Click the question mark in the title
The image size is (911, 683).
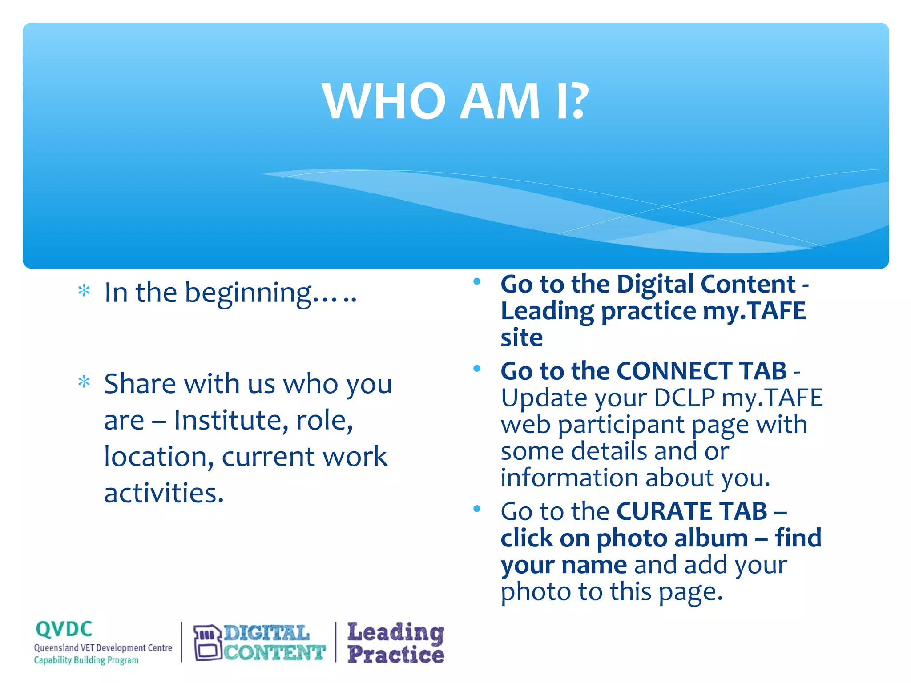coord(579,102)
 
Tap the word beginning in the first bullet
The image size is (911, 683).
coord(248,294)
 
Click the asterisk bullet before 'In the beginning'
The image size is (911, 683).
coord(84,291)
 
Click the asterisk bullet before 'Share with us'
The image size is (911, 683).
coord(84,382)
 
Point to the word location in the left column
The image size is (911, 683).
coord(158,457)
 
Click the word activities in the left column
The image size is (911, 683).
coord(163,494)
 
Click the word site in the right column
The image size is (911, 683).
coord(521,338)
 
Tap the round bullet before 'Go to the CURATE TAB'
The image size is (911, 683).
coord(477,509)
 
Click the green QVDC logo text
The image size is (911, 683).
coord(64,630)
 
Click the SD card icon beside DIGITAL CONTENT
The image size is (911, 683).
coord(207,643)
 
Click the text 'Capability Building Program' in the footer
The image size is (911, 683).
coord(86,660)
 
